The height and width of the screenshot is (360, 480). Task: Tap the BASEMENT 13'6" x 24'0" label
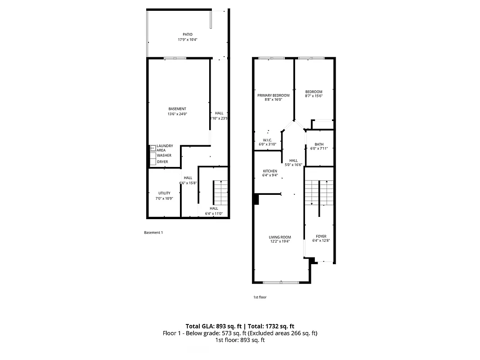(x=177, y=111)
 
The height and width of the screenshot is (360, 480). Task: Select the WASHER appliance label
(x=164, y=155)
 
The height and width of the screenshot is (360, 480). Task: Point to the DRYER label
(x=162, y=162)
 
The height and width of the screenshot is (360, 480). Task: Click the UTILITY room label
(x=164, y=195)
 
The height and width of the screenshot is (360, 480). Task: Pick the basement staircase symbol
(x=220, y=192)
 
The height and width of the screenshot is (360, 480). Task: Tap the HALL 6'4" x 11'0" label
(x=214, y=211)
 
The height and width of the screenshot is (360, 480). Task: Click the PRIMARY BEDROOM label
(x=273, y=97)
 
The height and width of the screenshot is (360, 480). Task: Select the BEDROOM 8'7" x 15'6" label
(x=314, y=94)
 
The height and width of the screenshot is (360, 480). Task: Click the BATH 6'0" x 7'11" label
(x=319, y=146)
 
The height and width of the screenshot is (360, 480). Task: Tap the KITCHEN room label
(x=270, y=173)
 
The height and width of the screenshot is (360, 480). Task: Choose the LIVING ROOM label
(x=280, y=239)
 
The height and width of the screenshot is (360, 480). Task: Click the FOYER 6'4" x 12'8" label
(x=321, y=238)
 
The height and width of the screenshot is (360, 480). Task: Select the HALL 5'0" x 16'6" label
(x=293, y=162)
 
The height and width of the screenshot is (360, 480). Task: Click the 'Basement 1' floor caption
(x=153, y=233)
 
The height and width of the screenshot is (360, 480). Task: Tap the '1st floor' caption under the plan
(x=260, y=297)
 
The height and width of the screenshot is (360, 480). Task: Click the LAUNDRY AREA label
(x=165, y=148)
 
